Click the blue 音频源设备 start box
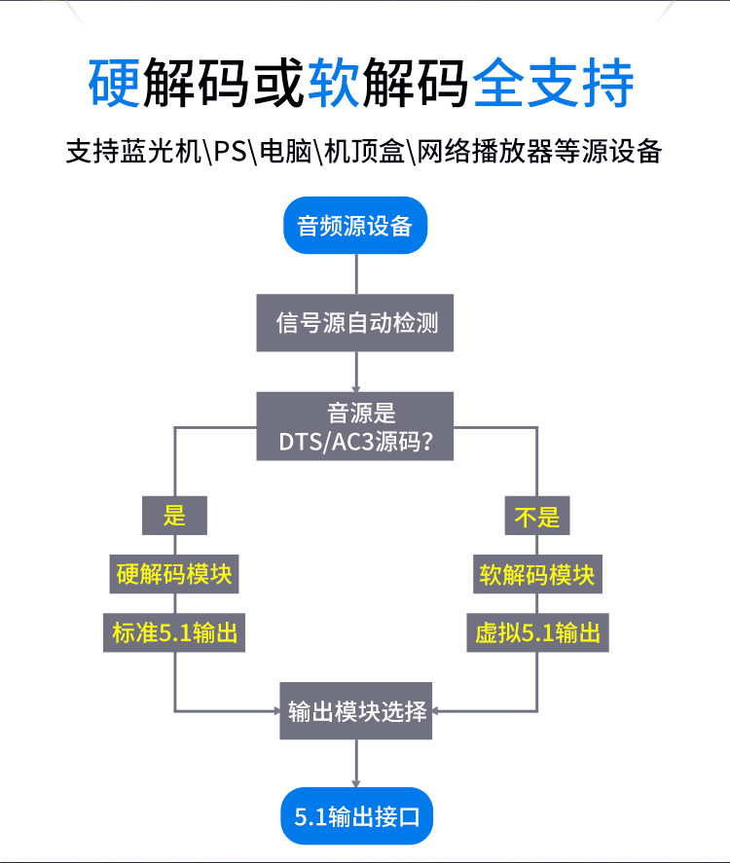tap(355, 226)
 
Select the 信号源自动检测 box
tap(356, 322)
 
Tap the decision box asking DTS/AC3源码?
tap(355, 427)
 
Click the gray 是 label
tap(175, 515)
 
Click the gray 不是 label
tap(537, 515)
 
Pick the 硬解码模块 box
tap(175, 574)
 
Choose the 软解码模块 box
tap(537, 574)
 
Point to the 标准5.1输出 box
tap(175, 633)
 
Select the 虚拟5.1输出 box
tap(537, 633)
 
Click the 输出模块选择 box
tap(356, 710)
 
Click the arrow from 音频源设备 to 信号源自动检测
tap(356, 273)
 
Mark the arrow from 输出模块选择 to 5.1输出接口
tap(356, 763)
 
